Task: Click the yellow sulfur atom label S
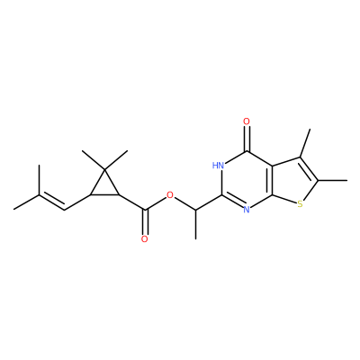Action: [300, 204]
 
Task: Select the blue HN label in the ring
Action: [219, 165]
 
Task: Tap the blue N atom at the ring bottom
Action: [247, 209]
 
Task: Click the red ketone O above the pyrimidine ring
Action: [247, 121]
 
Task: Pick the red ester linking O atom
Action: [170, 196]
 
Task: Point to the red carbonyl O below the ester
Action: [145, 239]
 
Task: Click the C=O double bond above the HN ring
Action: [247, 139]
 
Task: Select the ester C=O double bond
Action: [145, 222]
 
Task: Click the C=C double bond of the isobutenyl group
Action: [52, 202]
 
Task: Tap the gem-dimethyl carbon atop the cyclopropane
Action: [104, 170]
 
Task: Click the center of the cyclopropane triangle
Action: [104, 186]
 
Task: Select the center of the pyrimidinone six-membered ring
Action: [247, 180]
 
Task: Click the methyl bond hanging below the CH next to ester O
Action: [196, 224]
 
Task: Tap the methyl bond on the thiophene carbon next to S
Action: [332, 180]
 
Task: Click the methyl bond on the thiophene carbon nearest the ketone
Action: [305, 143]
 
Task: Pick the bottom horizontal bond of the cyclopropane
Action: [104, 195]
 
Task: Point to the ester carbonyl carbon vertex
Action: [145, 209]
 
